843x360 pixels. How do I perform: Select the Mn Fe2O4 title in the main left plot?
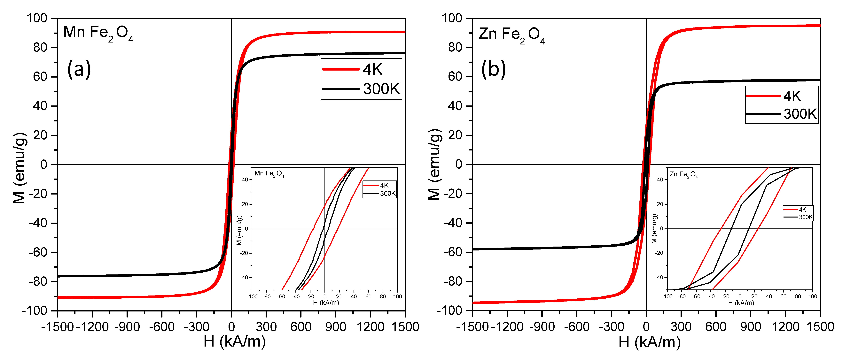tap(98, 33)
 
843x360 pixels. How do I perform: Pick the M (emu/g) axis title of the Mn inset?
tap(239, 230)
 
